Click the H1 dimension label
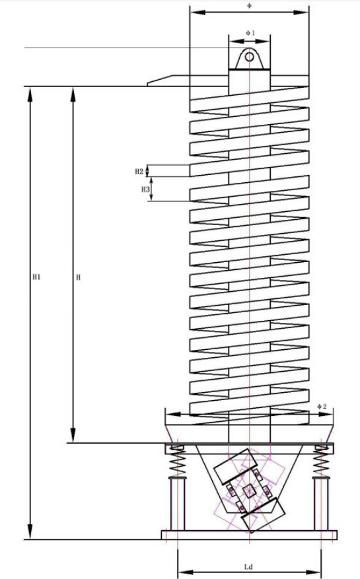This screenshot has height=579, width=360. pyautogui.click(x=36, y=277)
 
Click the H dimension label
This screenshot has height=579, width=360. pyautogui.click(x=78, y=277)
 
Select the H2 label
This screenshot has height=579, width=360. pyautogui.click(x=139, y=172)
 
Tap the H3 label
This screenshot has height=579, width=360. pyautogui.click(x=145, y=189)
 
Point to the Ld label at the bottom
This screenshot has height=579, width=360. pyautogui.click(x=249, y=567)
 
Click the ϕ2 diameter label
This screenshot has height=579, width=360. pyautogui.click(x=322, y=407)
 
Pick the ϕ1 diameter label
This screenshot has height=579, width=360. pyautogui.click(x=250, y=33)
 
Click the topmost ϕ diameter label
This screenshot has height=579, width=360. pyautogui.click(x=249, y=5)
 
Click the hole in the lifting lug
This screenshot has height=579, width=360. pyautogui.click(x=250, y=57)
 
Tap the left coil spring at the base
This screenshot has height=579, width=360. pyautogui.click(x=178, y=462)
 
